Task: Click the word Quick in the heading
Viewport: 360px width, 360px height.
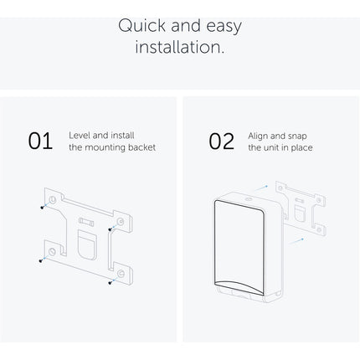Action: point(142,26)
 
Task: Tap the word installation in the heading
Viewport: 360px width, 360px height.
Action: point(180,47)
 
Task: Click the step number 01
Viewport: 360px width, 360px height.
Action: point(40,141)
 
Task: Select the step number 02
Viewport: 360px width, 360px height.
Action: point(222,141)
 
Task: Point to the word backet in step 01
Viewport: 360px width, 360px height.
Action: point(141,147)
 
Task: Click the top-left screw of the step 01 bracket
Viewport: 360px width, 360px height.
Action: point(42,208)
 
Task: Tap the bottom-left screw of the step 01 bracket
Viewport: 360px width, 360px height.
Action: point(41,261)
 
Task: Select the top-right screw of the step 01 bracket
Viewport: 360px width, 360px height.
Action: point(110,229)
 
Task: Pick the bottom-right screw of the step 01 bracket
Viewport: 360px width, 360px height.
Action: point(110,283)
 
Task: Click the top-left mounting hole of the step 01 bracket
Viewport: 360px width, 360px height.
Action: point(52,199)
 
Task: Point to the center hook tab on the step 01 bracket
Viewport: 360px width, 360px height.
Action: point(88,244)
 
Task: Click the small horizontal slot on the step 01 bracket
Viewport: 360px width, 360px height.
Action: point(86,222)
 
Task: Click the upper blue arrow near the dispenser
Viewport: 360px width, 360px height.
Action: point(261,188)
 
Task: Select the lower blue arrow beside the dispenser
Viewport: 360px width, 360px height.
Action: point(296,241)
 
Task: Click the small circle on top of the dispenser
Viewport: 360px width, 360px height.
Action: point(249,199)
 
